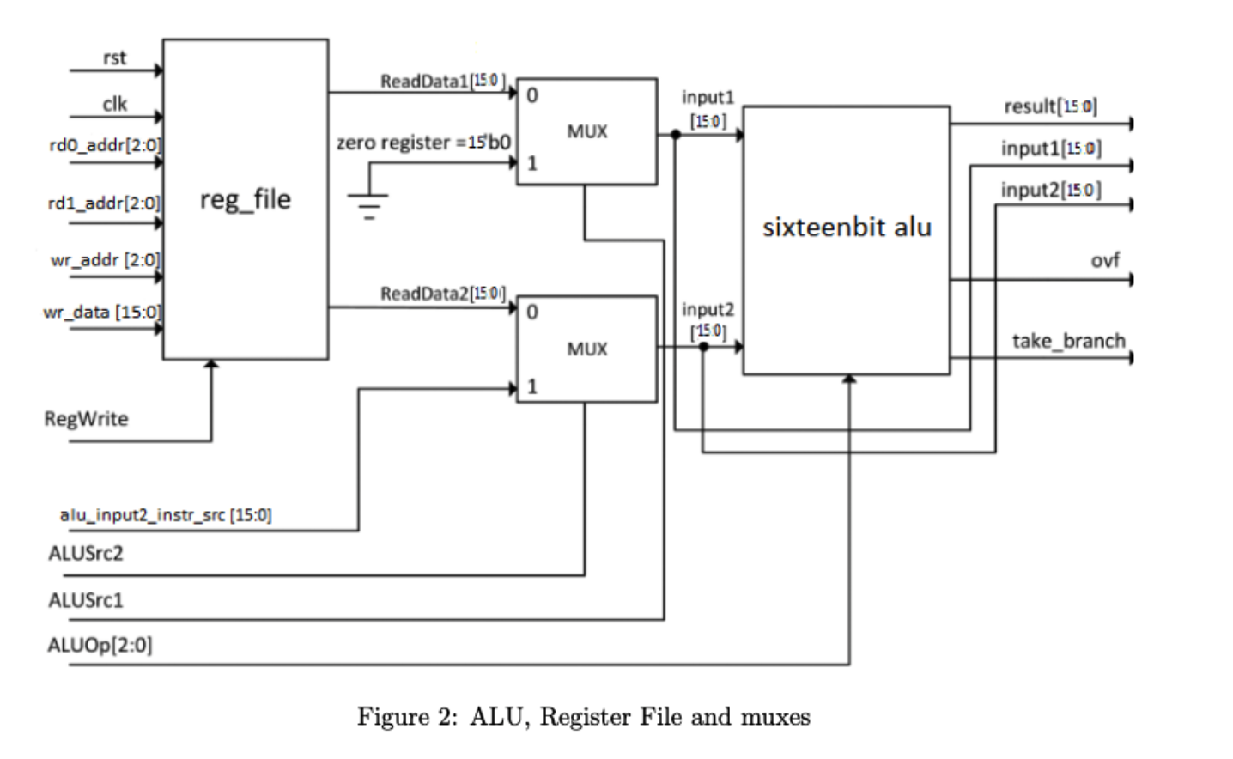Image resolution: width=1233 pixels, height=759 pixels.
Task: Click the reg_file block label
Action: pyautogui.click(x=246, y=200)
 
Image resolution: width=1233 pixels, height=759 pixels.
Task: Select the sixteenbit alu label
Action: pyautogui.click(x=847, y=228)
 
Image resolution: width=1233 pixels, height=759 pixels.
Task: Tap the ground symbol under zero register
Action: pyautogui.click(x=368, y=204)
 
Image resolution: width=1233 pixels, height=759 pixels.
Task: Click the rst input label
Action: pyautogui.click(x=114, y=58)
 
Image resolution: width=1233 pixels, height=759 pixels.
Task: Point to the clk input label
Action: pyautogui.click(x=115, y=104)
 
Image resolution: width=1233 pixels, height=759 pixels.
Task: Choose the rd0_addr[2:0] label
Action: pyautogui.click(x=105, y=145)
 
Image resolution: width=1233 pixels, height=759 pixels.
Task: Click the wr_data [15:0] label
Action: pyautogui.click(x=102, y=312)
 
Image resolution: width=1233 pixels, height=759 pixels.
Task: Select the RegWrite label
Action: pyautogui.click(x=86, y=419)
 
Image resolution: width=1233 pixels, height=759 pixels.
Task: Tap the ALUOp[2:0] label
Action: pyautogui.click(x=100, y=645)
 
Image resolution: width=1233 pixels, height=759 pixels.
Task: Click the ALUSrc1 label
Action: pyautogui.click(x=86, y=600)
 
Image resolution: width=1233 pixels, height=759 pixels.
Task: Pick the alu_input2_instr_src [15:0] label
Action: pyautogui.click(x=166, y=515)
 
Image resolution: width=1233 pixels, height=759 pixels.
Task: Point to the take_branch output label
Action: pyautogui.click(x=1068, y=341)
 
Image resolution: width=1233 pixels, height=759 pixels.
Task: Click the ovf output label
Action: pyautogui.click(x=1105, y=260)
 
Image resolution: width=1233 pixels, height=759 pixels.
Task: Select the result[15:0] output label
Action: pyautogui.click(x=1050, y=106)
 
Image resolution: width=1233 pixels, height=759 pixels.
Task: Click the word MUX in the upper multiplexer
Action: pyautogui.click(x=587, y=131)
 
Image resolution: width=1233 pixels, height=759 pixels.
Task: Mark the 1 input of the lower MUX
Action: pyautogui.click(x=532, y=386)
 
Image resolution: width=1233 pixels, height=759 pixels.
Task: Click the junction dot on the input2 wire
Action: pyautogui.click(x=703, y=347)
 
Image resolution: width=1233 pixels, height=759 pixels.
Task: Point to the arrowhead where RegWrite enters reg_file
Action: pyautogui.click(x=211, y=366)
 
